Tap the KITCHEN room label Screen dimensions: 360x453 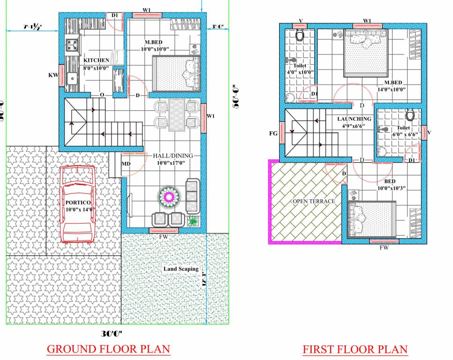pyautogui.click(x=96, y=60)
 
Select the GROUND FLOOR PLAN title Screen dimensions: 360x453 pyautogui.click(x=108, y=349)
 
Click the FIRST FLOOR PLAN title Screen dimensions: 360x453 pyautogui.click(x=355, y=349)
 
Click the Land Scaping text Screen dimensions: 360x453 pyautogui.click(x=181, y=269)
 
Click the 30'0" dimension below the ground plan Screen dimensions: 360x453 pyautogui.click(x=111, y=334)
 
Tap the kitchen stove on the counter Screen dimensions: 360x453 pyautogui.click(x=72, y=45)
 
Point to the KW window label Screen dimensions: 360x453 pyautogui.click(x=53, y=75)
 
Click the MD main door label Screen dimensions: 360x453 pyautogui.click(x=126, y=164)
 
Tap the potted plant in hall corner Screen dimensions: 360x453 pyautogui.click(x=192, y=221)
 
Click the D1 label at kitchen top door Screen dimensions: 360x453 pyautogui.click(x=114, y=15)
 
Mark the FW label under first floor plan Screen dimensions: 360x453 pyautogui.click(x=384, y=247)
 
